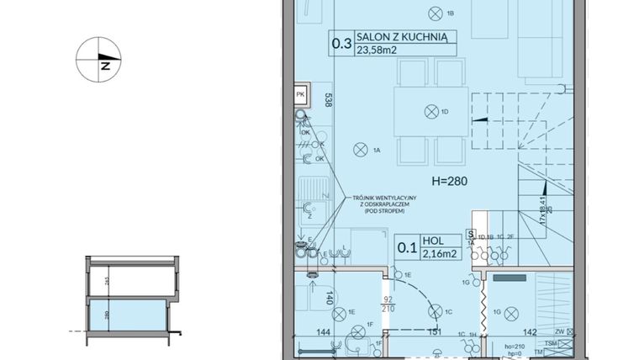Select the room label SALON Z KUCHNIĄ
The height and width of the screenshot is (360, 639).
pos(406,36)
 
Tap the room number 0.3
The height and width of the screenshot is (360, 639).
pos(341,43)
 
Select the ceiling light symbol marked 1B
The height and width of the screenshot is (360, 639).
pos(434,13)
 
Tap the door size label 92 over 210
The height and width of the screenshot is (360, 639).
pos(388,303)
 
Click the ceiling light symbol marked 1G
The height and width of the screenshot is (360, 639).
pos(509,313)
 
